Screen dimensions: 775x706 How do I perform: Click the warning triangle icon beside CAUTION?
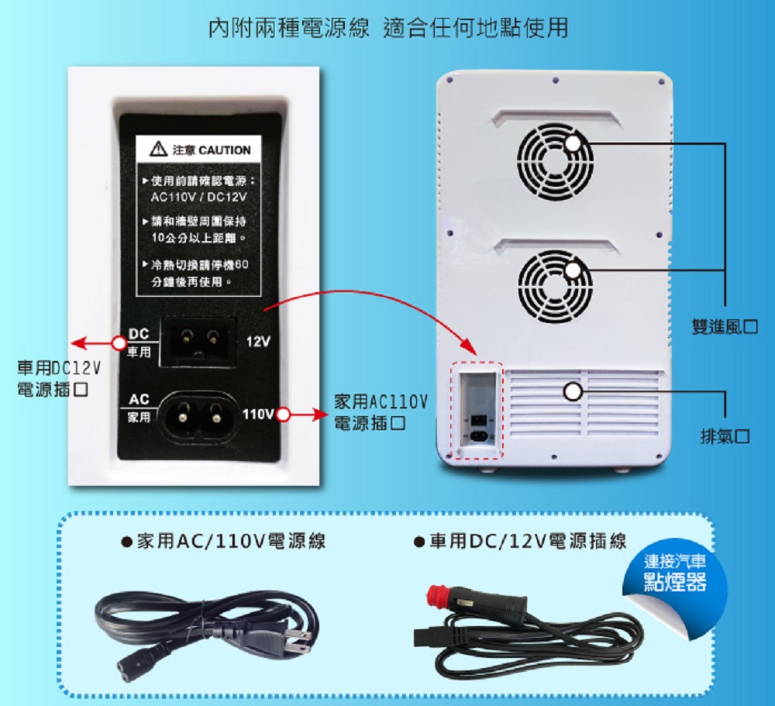pyautogui.click(x=158, y=149)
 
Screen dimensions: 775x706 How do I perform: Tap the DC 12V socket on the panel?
pyautogui.click(x=198, y=341)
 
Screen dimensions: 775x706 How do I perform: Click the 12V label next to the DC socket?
pyautogui.click(x=259, y=342)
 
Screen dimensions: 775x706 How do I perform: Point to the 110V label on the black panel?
pyautogui.click(x=258, y=414)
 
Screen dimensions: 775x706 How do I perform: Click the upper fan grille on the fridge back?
pyautogui.click(x=555, y=160)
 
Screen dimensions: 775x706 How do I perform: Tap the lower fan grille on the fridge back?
pyautogui.click(x=555, y=286)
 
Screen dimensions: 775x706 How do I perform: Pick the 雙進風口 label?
pyautogui.click(x=725, y=326)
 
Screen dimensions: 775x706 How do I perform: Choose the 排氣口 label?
pyautogui.click(x=725, y=436)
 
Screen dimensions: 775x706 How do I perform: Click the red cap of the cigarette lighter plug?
pyautogui.click(x=436, y=594)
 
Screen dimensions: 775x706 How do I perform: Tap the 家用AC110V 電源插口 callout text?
pyautogui.click(x=381, y=412)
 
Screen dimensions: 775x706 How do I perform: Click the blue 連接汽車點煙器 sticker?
pyautogui.click(x=675, y=573)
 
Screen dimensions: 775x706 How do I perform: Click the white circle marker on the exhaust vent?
pyautogui.click(x=573, y=391)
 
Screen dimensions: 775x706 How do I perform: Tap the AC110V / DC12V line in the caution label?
pyautogui.click(x=198, y=198)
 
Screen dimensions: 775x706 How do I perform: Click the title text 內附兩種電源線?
pyautogui.click(x=289, y=28)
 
